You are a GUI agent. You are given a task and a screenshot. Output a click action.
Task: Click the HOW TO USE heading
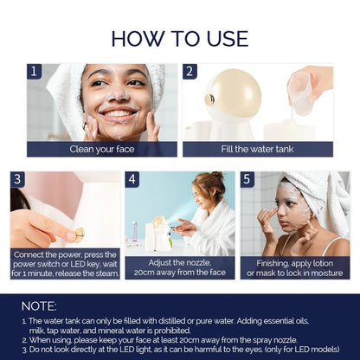pyautogui.click(x=179, y=38)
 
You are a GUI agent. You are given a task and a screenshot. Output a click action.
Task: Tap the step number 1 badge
pyautogui.click(x=35, y=72)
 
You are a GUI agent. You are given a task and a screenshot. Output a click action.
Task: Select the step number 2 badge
pyautogui.click(x=190, y=72)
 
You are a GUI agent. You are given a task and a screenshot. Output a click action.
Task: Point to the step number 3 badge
pyautogui.click(x=18, y=179)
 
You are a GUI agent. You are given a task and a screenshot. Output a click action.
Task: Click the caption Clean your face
pyautogui.click(x=102, y=149)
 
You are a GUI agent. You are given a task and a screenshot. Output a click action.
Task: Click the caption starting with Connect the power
pyautogui.click(x=65, y=262)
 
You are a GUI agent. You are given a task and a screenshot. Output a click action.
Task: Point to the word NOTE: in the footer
pyautogui.click(x=40, y=305)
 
